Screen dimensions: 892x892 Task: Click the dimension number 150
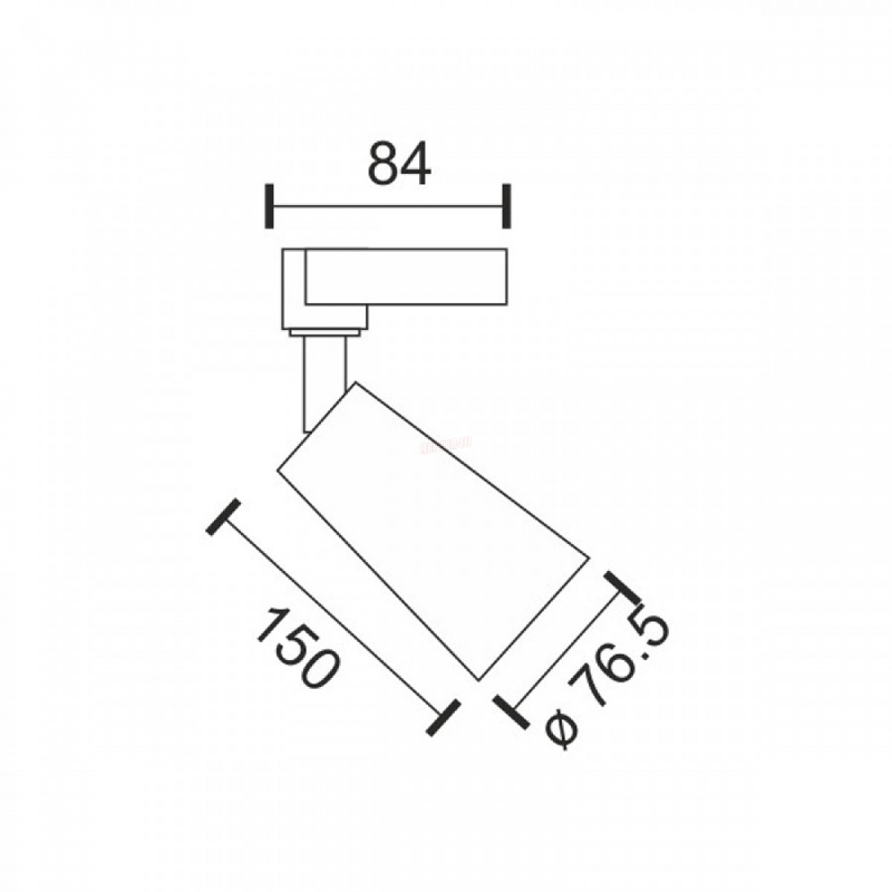coord(298,650)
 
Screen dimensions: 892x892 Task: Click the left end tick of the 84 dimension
coord(269,206)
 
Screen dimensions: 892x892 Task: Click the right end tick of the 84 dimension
coord(507,206)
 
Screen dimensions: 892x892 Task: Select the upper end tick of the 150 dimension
coord(223,517)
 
